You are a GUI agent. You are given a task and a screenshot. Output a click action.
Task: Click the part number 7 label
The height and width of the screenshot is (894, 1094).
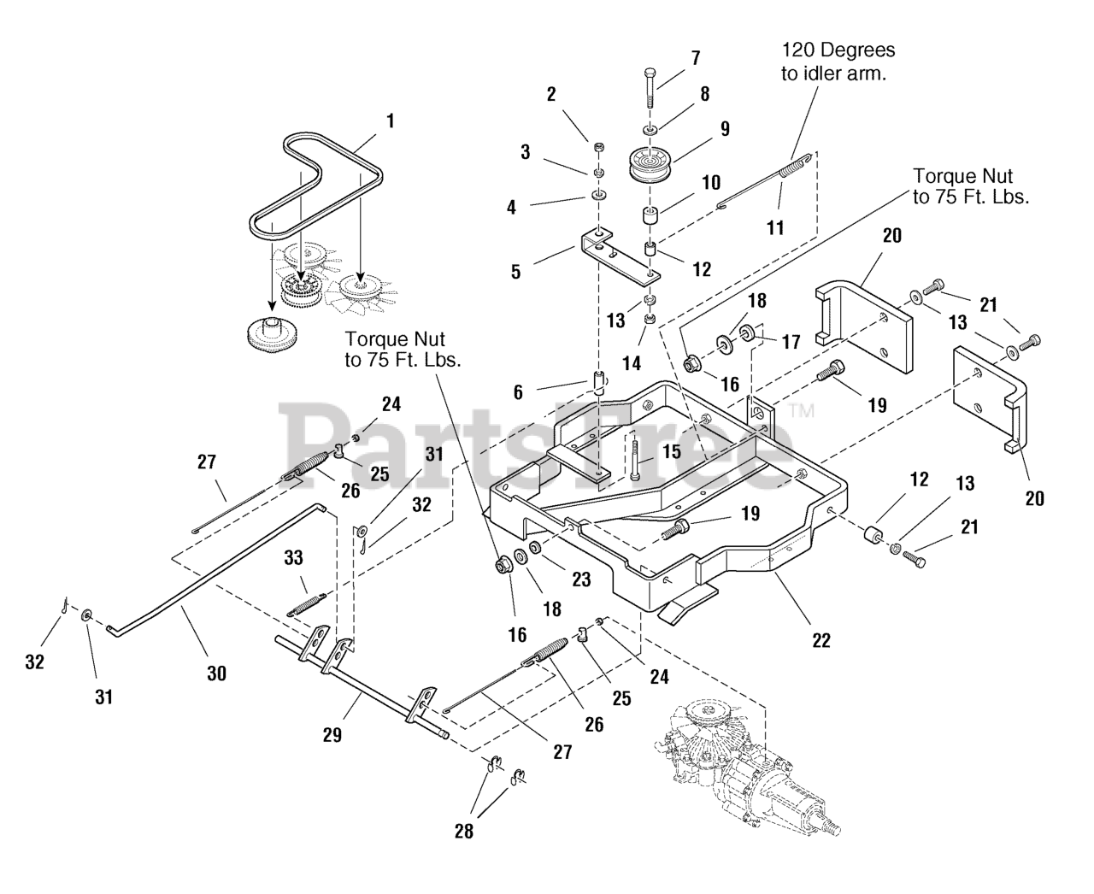click(695, 58)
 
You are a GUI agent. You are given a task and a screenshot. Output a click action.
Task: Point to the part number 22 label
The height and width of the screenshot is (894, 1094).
click(821, 640)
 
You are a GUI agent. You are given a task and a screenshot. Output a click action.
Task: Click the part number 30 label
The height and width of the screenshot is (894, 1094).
click(216, 673)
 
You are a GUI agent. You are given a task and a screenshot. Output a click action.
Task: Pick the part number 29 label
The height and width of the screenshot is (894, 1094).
click(332, 735)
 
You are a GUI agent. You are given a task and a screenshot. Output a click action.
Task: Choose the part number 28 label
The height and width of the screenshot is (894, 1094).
click(464, 832)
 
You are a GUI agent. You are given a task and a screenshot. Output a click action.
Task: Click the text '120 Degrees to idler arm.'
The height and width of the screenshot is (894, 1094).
click(838, 62)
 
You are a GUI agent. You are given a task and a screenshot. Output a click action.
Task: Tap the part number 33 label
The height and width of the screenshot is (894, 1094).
click(293, 558)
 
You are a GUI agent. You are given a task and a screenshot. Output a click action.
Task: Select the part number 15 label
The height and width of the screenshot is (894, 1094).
click(671, 451)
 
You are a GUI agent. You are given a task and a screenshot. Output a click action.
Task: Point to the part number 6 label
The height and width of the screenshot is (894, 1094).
click(518, 392)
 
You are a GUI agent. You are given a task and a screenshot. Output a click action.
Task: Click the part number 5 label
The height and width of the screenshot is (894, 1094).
click(515, 272)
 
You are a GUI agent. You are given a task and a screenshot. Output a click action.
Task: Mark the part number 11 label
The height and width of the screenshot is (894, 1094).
click(775, 227)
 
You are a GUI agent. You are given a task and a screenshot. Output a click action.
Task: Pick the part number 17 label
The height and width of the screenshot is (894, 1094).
click(791, 342)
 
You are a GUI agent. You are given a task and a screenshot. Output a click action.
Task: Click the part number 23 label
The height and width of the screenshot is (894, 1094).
click(581, 579)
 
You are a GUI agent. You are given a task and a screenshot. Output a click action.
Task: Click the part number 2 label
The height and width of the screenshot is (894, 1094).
click(551, 94)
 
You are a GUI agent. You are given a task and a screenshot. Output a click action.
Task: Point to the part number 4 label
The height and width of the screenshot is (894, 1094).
click(511, 208)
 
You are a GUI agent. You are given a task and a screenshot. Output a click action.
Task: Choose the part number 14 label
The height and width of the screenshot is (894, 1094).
click(632, 363)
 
